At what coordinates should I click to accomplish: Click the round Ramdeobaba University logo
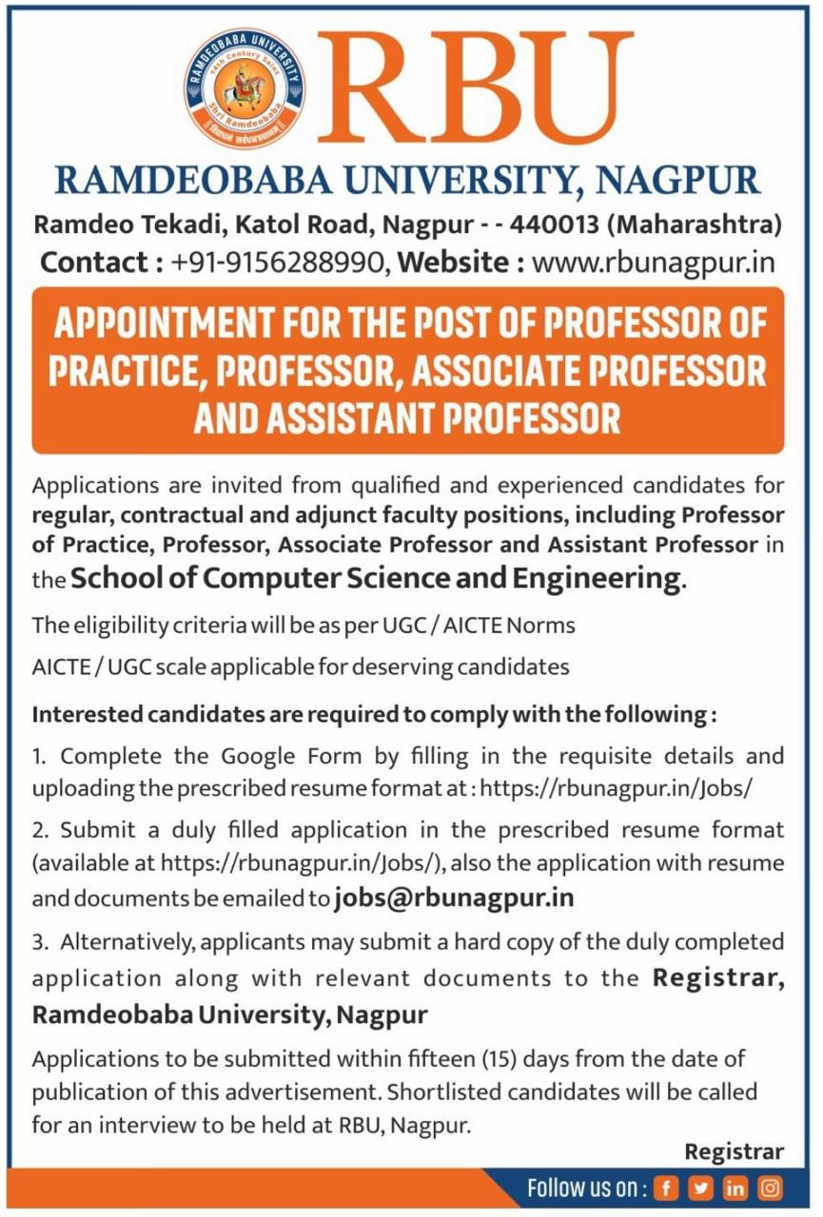coord(245,87)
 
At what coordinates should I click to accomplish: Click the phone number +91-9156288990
coord(280,261)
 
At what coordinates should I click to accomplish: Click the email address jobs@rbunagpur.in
coord(454,898)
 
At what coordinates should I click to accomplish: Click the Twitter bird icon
coord(701,1188)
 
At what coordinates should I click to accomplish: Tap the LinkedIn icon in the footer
coord(735,1188)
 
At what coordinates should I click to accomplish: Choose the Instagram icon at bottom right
coord(769,1188)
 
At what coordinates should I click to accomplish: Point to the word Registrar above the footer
coord(735,1152)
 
